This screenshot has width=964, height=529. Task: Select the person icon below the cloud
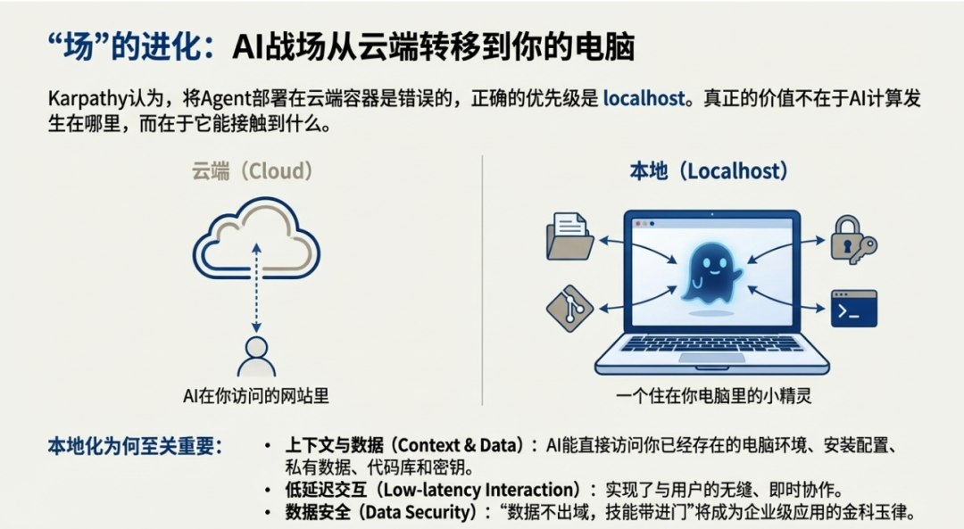point(256,357)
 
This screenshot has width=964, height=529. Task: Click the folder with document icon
point(569,236)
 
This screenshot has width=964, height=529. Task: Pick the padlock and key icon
point(852,239)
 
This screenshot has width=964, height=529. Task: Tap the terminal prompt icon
point(853,308)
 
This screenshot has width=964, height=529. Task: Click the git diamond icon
point(569,308)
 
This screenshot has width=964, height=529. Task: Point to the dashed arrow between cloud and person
point(256,290)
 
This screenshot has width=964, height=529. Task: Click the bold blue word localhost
point(643,98)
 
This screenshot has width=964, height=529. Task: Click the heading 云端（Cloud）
point(253,170)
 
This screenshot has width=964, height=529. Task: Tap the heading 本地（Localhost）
point(709,170)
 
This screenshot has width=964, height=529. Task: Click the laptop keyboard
point(711,344)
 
